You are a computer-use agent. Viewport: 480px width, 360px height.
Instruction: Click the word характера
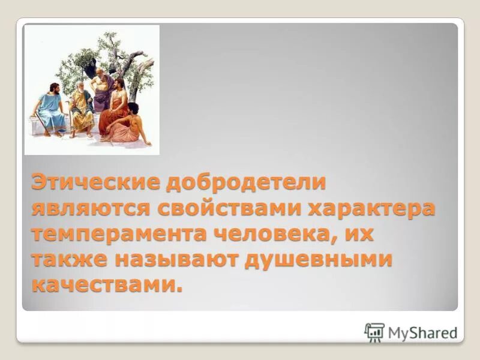[373, 209]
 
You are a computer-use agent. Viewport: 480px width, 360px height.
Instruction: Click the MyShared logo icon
[374, 332]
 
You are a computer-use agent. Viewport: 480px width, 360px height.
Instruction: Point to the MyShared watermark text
[422, 332]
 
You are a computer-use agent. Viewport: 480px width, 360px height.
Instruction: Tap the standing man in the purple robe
[101, 90]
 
